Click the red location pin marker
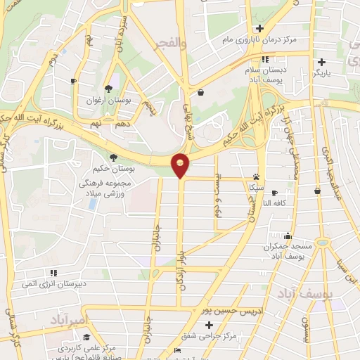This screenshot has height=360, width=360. [181, 165]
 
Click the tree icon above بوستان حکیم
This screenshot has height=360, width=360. [112, 156]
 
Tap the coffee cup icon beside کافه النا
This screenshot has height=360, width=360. [274, 193]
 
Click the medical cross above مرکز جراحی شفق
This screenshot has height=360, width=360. [208, 325]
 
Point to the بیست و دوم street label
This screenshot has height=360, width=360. [217, 198]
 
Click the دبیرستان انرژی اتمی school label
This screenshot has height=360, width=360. [53, 284]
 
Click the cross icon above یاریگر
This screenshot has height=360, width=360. [322, 61]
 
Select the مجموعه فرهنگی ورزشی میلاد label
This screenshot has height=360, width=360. [104, 188]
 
